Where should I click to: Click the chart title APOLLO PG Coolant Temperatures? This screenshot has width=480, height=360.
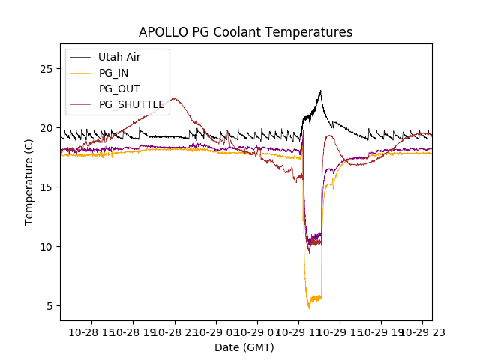pos(245,32)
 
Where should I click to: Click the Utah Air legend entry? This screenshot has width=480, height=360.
pos(119,57)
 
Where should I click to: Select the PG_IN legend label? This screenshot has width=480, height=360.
pos(114,73)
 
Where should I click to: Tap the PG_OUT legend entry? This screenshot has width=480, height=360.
pos(119,88)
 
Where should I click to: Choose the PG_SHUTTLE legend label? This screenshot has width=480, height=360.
pos(131,104)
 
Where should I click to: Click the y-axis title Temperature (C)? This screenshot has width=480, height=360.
pos(29,182)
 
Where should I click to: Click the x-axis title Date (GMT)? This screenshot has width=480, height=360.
pos(244,347)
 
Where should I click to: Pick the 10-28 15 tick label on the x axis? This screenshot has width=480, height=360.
pos(92,332)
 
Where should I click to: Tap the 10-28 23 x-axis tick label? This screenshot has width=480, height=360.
pos(174,332)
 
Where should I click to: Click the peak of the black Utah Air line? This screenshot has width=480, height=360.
pos(320,91)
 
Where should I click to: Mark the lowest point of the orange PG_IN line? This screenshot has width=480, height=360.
pos(309,308)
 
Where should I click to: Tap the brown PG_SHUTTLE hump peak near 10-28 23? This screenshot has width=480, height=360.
pos(174,98)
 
